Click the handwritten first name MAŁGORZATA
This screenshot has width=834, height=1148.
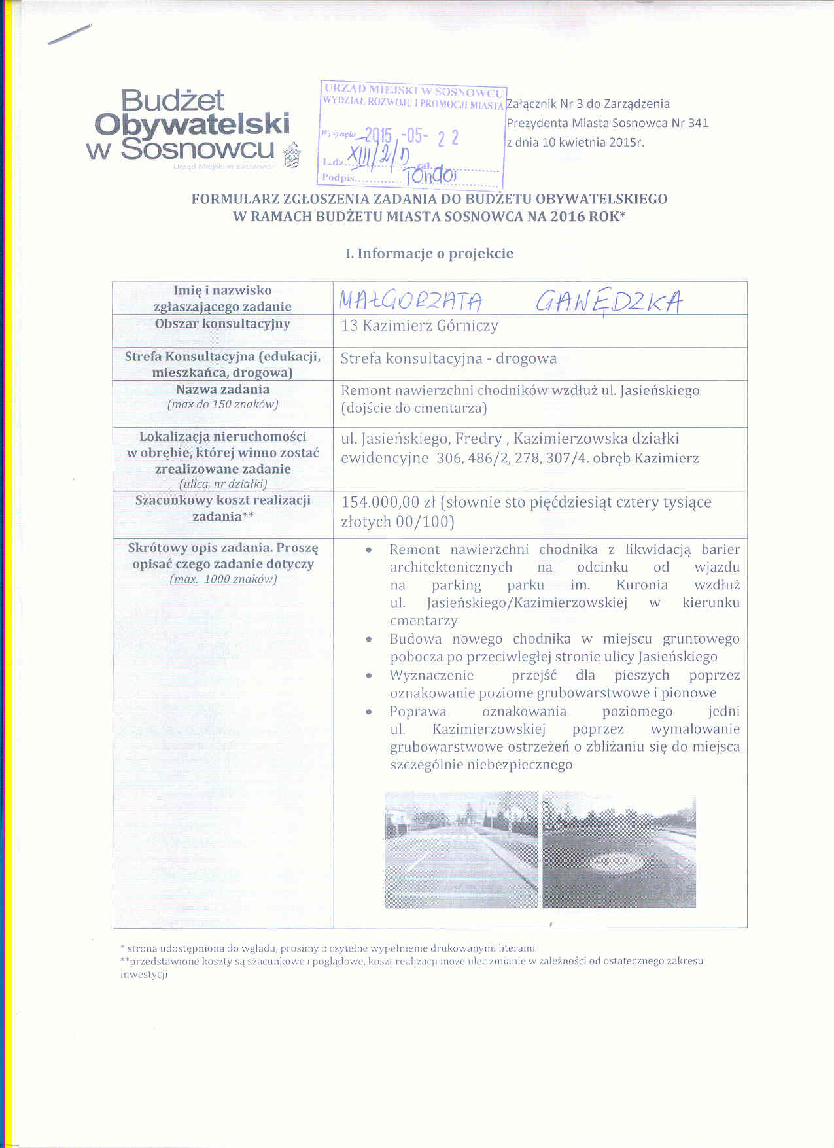tap(411, 301)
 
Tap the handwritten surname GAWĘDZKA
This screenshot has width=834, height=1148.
tap(609, 302)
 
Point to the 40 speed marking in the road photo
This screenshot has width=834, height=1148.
tap(617, 862)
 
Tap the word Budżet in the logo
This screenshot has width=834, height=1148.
tap(173, 100)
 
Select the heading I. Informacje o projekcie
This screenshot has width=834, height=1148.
tap(429, 254)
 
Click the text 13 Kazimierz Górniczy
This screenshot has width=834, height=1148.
tap(419, 326)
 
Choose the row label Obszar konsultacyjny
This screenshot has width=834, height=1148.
tap(222, 324)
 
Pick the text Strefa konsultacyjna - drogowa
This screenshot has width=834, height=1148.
tap(449, 358)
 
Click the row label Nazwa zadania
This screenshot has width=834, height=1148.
tap(222, 389)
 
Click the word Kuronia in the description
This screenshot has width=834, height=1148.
tap(642, 585)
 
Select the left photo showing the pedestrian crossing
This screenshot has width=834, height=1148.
tap(461, 849)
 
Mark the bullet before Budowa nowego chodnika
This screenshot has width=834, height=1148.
tap(370, 640)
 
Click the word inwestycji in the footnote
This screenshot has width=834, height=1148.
tap(144, 974)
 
